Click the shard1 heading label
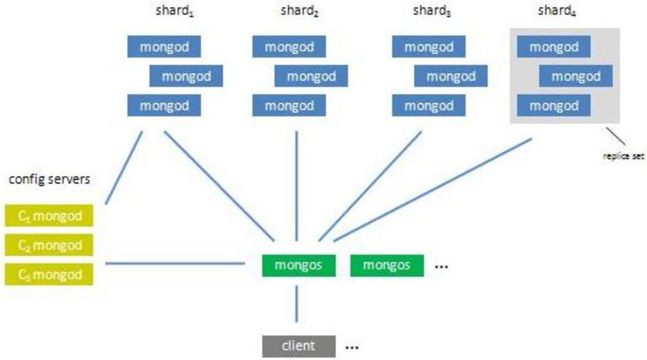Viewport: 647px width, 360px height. pos(175,11)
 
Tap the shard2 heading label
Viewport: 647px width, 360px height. pos(300,11)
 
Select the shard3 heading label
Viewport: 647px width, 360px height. pos(431,11)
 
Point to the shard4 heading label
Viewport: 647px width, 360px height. pos(557,11)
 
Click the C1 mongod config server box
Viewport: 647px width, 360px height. pos(49,216)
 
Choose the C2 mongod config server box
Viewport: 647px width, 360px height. pos(49,245)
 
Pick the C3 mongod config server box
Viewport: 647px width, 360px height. pos(49,274)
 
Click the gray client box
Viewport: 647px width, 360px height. pos(299,346)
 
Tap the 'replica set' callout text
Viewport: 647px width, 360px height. pos(624,156)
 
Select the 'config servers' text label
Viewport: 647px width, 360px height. pos(49,179)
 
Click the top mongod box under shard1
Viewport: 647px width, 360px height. pos(164,47)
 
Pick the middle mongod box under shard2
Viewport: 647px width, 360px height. pos(311,76)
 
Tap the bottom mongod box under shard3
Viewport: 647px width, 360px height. pos(429,105)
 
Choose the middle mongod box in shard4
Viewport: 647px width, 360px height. pos(575,76)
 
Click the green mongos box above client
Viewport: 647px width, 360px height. pos(299,265)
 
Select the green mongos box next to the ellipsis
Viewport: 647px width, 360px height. pos(387,265)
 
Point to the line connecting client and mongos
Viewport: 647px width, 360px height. pos(297,304)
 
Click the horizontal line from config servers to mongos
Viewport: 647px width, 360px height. pos(175,263)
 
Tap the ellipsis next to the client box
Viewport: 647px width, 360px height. pos(352,348)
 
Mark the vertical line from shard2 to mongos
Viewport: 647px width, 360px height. pos(297,186)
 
